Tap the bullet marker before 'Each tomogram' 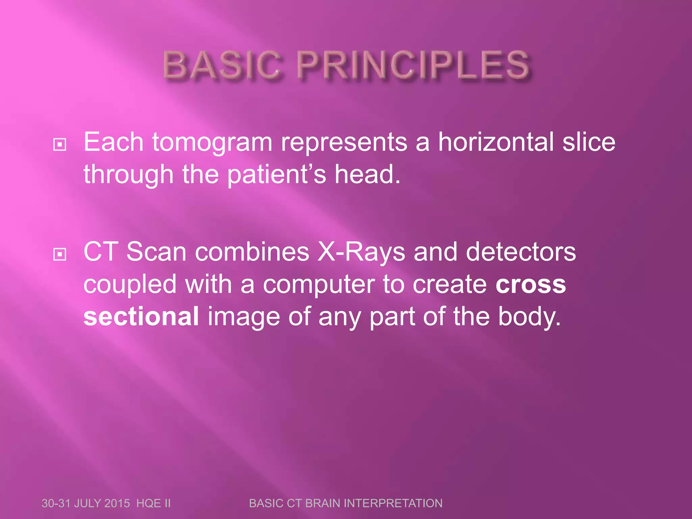click(x=60, y=145)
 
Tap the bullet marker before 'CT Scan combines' click(x=60, y=254)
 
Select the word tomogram click(x=212, y=143)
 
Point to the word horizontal click(x=496, y=142)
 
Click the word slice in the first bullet click(x=589, y=142)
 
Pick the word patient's click(x=276, y=175)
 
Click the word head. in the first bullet click(x=367, y=175)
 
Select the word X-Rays click(x=361, y=252)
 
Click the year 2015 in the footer click(x=117, y=503)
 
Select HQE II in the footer click(x=153, y=503)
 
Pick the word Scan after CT click(x=156, y=252)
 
